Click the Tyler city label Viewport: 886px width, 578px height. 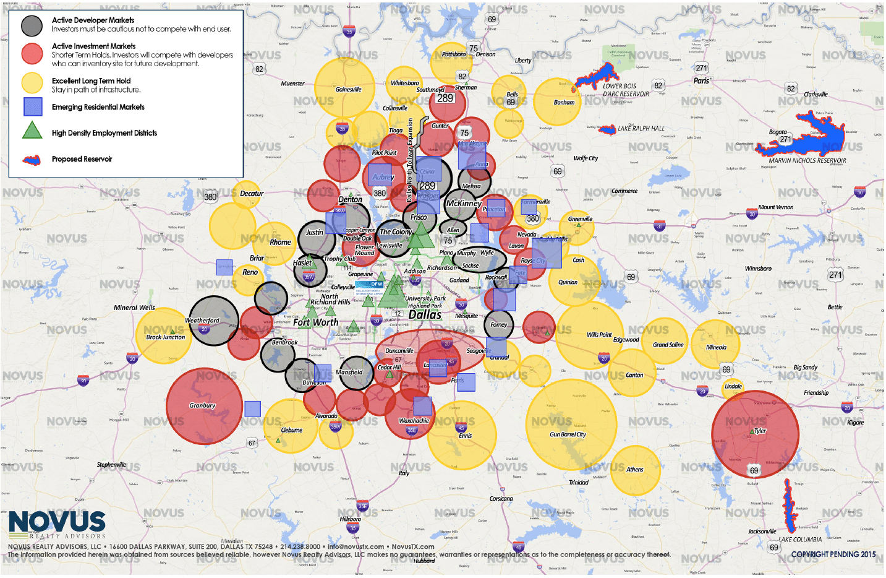click(760, 431)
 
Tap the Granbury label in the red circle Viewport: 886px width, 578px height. click(202, 406)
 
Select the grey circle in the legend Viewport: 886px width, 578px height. click(32, 25)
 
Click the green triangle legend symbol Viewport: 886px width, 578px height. click(32, 131)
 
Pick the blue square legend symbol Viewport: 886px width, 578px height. click(33, 107)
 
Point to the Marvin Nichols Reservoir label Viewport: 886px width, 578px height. click(807, 161)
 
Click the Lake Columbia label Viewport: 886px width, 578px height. click(800, 540)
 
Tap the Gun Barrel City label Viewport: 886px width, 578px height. click(568, 434)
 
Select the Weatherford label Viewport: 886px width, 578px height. click(202, 321)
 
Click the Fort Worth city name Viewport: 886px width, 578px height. click(315, 322)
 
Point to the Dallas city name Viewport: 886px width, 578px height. click(425, 315)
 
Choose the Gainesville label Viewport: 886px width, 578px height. click(348, 90)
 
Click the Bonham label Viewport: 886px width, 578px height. click(564, 103)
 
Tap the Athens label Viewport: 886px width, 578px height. click(635, 470)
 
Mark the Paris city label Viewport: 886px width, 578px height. click(701, 81)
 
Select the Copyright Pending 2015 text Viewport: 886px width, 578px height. click(833, 554)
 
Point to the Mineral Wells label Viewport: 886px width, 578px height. click(134, 308)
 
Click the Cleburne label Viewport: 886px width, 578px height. click(292, 430)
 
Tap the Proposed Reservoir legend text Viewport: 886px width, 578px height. click(82, 159)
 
